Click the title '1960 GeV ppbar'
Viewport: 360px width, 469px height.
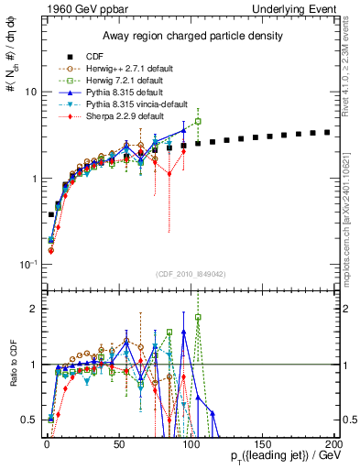(x=80, y=8)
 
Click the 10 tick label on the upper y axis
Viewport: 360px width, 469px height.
(x=29, y=92)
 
